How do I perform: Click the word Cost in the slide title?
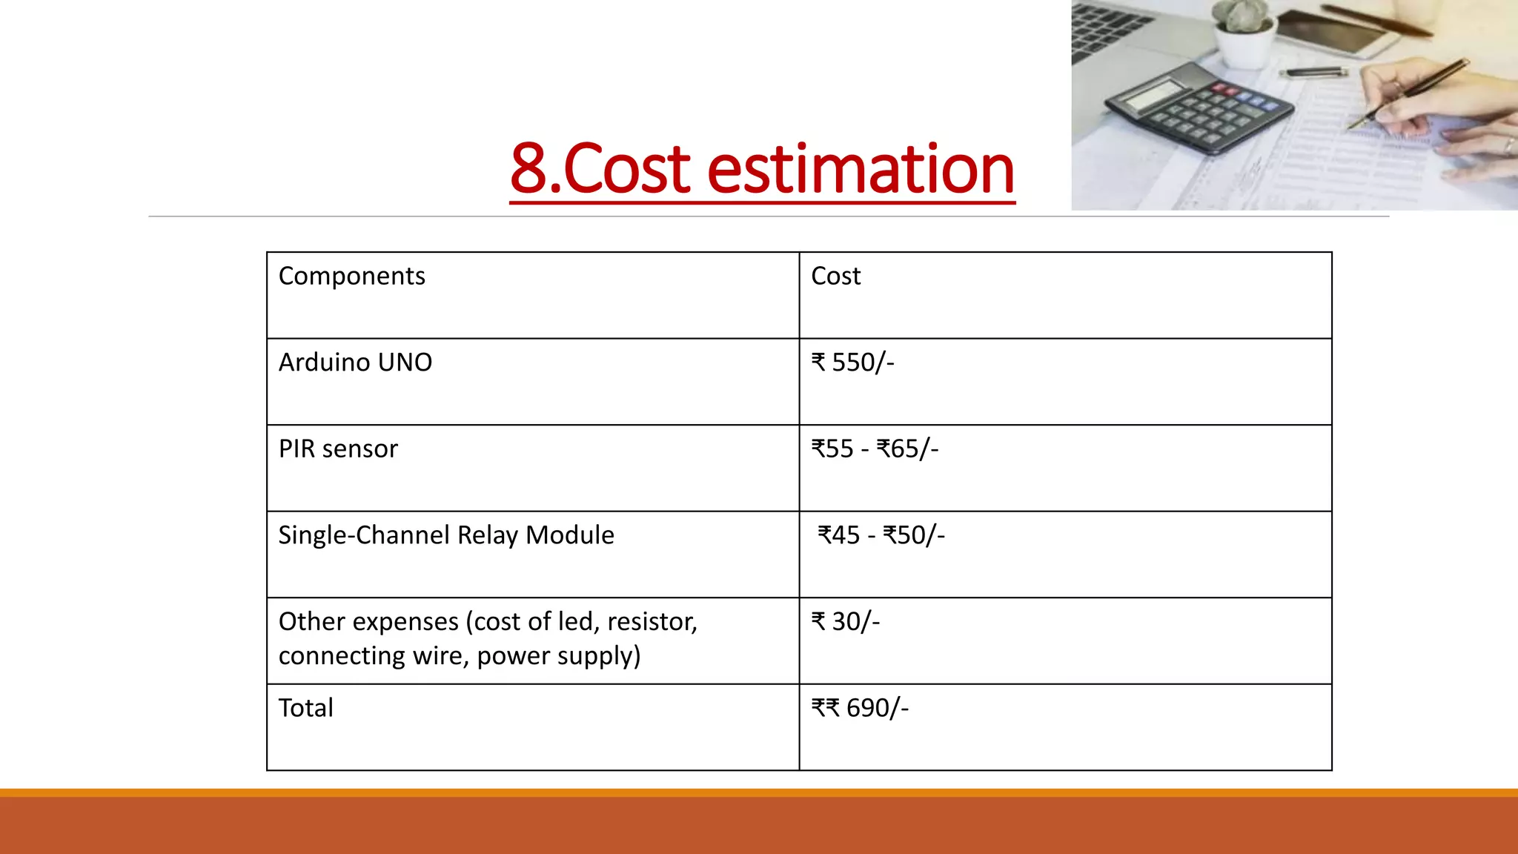(x=627, y=169)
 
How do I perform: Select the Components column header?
(x=351, y=276)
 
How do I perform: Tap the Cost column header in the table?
(x=835, y=276)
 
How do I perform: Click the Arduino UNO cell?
(x=355, y=363)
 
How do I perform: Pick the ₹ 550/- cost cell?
(x=852, y=363)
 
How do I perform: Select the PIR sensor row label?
(x=338, y=449)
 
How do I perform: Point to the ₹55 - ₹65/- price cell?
(x=875, y=449)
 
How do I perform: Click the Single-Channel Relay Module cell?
(x=446, y=535)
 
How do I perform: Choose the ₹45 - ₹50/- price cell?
(x=881, y=535)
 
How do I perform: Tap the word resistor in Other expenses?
(x=652, y=622)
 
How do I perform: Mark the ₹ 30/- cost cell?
(x=845, y=622)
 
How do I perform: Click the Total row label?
(x=305, y=708)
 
